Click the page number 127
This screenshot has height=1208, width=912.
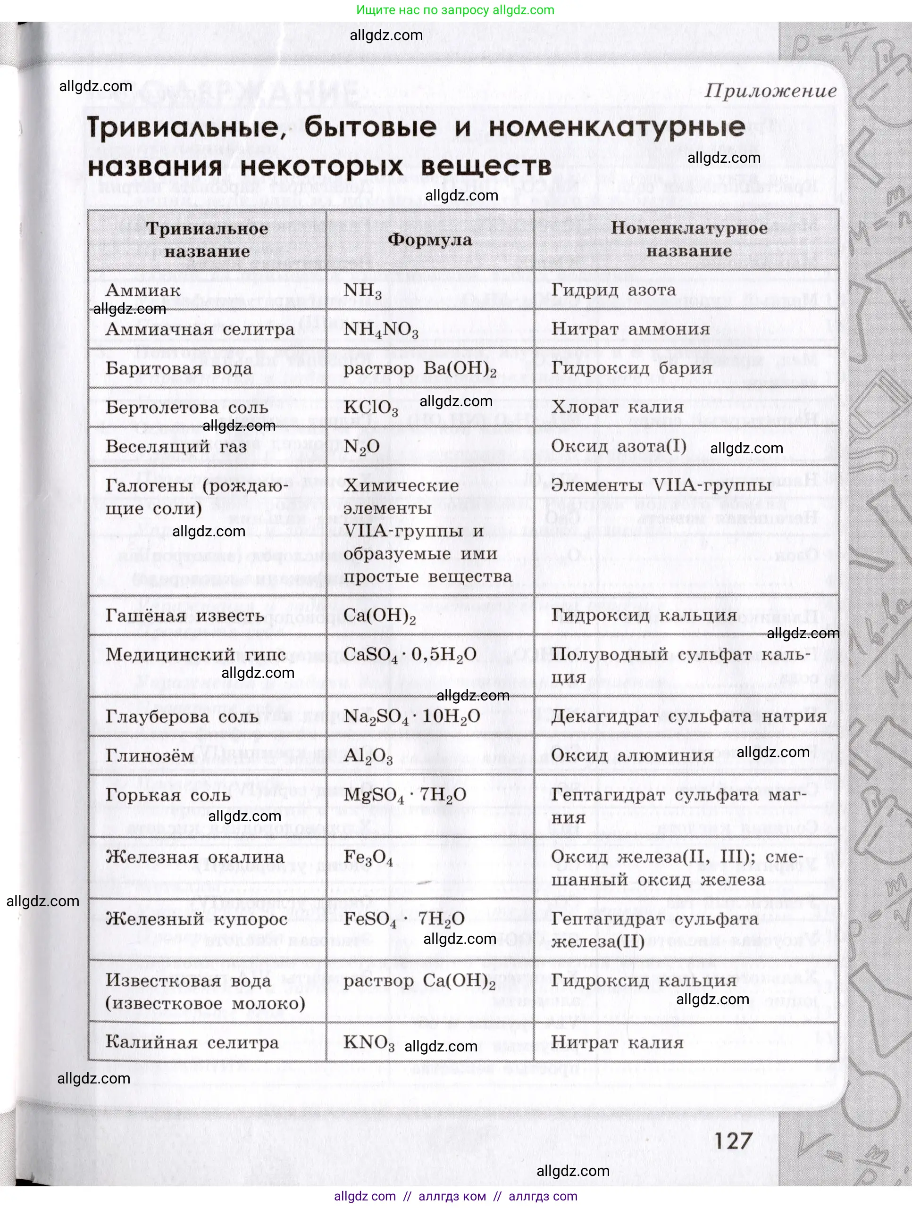[x=732, y=1141]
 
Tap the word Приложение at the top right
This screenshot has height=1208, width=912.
[x=770, y=91]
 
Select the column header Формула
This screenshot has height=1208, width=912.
[x=430, y=240]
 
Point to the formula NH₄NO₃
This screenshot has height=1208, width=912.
[x=381, y=330]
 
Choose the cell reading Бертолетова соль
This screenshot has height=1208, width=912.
[x=187, y=408]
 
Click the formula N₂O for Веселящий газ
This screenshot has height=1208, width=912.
[x=361, y=447]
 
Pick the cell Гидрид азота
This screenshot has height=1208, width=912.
[x=613, y=290]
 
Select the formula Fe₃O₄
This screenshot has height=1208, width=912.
[x=368, y=858]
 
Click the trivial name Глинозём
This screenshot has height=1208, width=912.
[x=150, y=756]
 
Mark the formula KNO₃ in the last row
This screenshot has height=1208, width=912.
[x=368, y=1042]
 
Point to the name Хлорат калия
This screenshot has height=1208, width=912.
[x=617, y=407]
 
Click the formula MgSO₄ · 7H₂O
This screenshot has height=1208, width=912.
[x=405, y=795]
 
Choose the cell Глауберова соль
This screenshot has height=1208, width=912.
[x=182, y=716]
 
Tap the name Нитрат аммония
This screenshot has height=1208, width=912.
[x=630, y=329]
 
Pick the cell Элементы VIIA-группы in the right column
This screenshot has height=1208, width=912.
[x=661, y=485]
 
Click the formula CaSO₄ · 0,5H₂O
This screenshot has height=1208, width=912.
[x=410, y=655]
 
